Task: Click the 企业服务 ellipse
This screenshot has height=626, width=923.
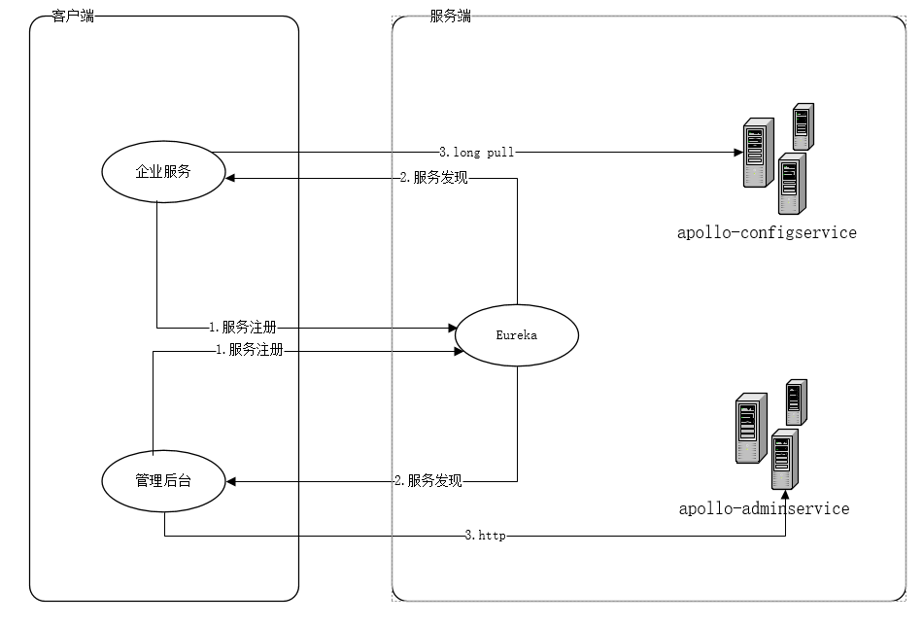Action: point(163,172)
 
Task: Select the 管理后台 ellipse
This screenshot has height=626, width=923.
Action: point(163,480)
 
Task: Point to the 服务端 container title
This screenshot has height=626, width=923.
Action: point(450,17)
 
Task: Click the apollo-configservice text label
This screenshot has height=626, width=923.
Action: point(767,233)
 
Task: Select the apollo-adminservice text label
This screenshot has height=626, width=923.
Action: point(764,508)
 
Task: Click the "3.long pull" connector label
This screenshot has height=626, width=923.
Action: point(476,152)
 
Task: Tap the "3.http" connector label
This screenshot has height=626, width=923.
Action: point(485,536)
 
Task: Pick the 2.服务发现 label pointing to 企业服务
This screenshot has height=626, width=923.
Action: point(433,178)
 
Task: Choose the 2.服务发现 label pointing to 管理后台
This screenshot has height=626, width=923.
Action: point(427,480)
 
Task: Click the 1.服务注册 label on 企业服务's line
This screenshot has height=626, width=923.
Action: point(249,328)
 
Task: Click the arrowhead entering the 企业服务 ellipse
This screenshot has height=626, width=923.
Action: point(231,178)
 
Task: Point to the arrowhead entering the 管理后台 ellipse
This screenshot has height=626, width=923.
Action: point(231,480)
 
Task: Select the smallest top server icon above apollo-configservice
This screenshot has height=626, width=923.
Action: point(802,124)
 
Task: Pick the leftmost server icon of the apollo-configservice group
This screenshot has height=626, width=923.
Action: point(757,153)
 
